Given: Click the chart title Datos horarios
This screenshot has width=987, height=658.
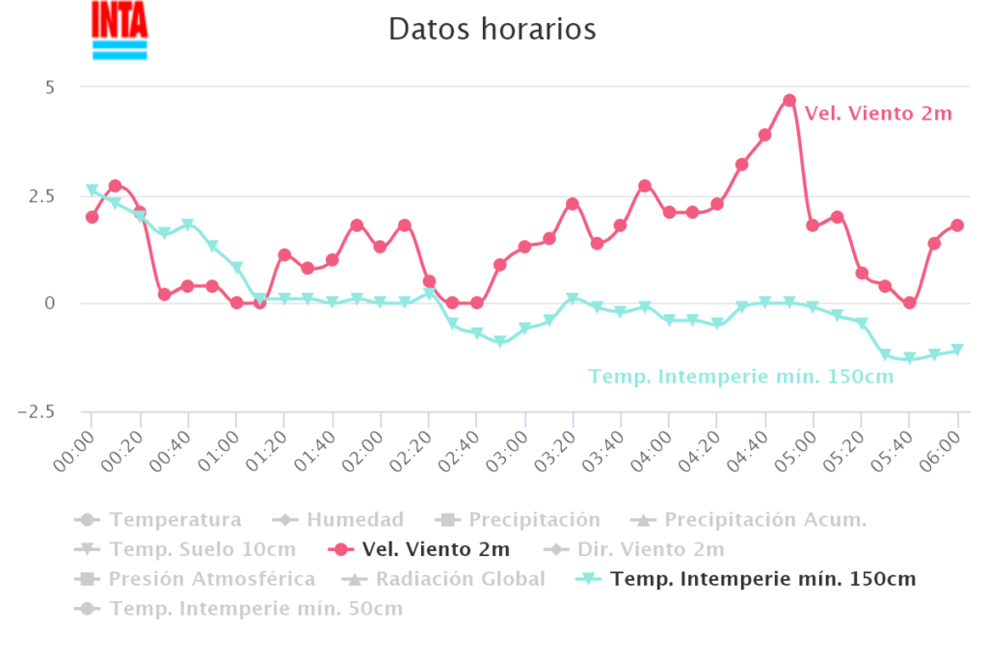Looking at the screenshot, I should (493, 29).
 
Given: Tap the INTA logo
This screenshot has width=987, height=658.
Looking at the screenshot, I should (120, 30).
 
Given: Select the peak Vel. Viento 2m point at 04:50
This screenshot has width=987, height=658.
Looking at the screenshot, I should (789, 100).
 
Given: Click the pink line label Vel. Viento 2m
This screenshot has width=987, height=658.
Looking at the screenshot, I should (878, 114).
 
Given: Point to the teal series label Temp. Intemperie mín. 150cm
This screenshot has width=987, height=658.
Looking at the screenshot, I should (741, 377).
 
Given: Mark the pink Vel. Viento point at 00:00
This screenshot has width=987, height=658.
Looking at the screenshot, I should (92, 217).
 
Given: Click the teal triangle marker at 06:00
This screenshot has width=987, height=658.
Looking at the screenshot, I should (957, 350).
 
